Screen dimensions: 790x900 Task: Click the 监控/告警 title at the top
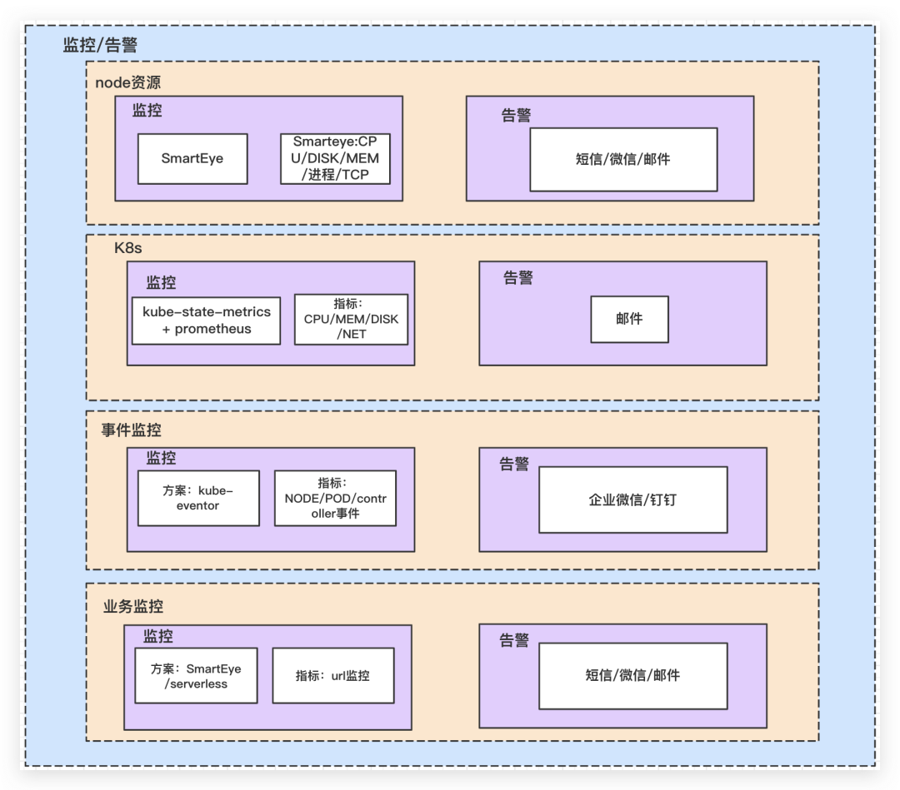pyautogui.click(x=100, y=45)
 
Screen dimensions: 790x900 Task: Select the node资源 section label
pyautogui.click(x=127, y=82)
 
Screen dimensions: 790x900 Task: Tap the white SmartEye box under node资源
pyautogui.click(x=192, y=158)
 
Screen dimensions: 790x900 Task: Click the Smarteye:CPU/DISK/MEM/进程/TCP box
pyautogui.click(x=335, y=158)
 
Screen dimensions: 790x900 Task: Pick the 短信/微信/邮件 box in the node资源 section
pyautogui.click(x=623, y=159)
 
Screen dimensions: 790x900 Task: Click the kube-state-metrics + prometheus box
pyautogui.click(x=207, y=320)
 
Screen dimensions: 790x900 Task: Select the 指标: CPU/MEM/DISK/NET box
pyautogui.click(x=351, y=319)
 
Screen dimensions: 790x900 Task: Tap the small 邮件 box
pyautogui.click(x=629, y=319)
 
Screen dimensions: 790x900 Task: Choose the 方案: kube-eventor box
pyautogui.click(x=198, y=498)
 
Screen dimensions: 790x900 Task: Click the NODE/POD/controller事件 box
pyautogui.click(x=335, y=498)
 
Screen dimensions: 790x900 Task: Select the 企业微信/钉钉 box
pyautogui.click(x=632, y=500)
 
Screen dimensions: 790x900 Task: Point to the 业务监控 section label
pyautogui.click(x=132, y=606)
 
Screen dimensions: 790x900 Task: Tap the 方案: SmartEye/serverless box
pyautogui.click(x=196, y=676)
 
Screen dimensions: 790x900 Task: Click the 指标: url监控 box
pyautogui.click(x=332, y=675)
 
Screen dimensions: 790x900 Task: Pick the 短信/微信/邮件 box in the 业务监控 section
pyautogui.click(x=632, y=675)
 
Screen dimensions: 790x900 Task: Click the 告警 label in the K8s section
pyautogui.click(x=517, y=278)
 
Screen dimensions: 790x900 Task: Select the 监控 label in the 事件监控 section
pyautogui.click(x=161, y=458)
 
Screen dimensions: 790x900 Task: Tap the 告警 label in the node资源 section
pyautogui.click(x=516, y=116)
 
